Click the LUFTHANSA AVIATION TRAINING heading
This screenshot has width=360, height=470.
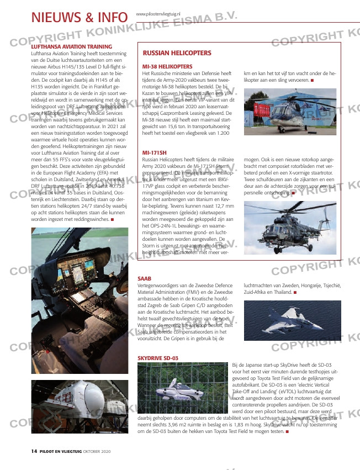[x=72, y=46]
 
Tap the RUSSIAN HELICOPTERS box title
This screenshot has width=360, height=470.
[x=177, y=53]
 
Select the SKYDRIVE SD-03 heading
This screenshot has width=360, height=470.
[x=157, y=358]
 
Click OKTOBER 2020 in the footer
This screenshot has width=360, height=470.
[x=93, y=451]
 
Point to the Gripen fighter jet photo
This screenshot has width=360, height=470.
[x=290, y=321]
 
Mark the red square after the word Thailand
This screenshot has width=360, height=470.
[x=295, y=292]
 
